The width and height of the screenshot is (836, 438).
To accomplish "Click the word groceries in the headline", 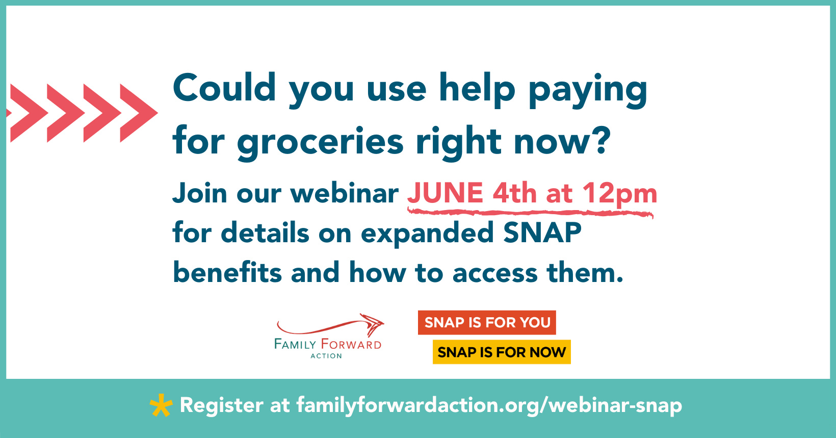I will pos(320,142).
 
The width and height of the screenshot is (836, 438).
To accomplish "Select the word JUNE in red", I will pos(445,193).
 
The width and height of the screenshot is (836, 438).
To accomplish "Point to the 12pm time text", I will pos(619,194).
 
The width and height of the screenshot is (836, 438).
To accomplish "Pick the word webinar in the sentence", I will pos(344,194).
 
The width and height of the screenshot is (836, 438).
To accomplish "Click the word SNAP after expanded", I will pos(542,233).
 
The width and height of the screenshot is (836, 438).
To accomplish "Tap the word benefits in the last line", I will pos(227,272).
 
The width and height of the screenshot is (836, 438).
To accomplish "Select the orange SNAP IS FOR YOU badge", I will pos(487,323).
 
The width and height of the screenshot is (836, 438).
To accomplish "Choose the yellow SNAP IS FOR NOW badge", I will pos(502,352).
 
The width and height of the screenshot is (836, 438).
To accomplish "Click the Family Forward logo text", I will pos(328,345).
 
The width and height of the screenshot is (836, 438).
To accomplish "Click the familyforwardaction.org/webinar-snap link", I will pos(489,405).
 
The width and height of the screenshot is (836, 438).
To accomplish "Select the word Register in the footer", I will pos(222,405).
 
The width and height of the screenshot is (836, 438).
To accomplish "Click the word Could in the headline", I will pos(224,88).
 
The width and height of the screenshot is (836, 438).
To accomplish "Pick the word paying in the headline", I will pos(587,90).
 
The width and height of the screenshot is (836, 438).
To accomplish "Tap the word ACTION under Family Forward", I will pos(326,356).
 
